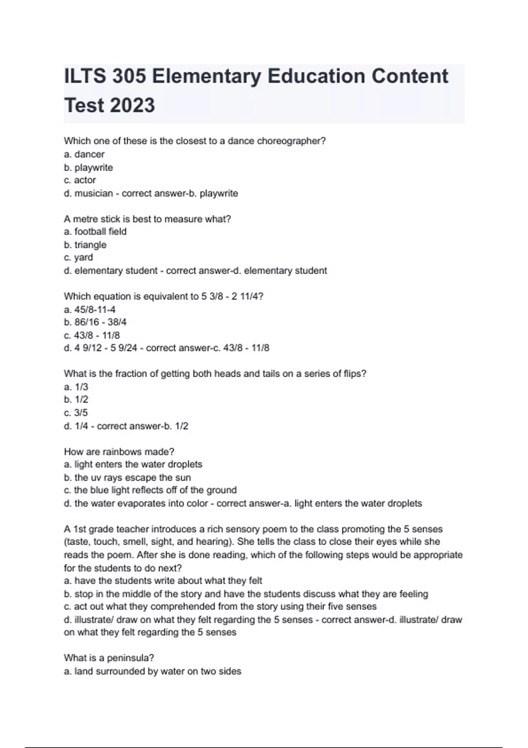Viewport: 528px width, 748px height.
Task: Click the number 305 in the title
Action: [x=129, y=76]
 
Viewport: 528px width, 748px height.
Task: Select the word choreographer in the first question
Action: [x=291, y=141]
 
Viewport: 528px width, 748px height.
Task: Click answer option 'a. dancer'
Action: [x=84, y=154]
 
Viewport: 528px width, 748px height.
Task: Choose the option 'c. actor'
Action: [x=80, y=180]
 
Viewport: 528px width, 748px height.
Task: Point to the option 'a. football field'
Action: [x=95, y=231]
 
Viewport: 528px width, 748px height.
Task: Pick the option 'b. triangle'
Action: [x=85, y=245]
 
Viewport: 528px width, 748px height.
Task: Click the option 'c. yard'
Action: [x=78, y=257]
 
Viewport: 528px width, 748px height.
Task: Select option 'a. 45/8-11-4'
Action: [x=90, y=309]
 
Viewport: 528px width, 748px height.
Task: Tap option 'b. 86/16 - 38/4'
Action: [x=95, y=322]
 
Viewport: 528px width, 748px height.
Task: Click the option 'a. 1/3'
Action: [x=76, y=387]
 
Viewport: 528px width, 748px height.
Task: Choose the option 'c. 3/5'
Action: [x=76, y=413]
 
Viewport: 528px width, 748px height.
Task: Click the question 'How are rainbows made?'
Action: [x=119, y=451]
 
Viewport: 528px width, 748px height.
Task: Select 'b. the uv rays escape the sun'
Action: [x=127, y=477]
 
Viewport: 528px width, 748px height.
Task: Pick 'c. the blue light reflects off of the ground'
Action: [x=150, y=490]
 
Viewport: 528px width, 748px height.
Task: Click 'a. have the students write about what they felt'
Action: [x=163, y=581]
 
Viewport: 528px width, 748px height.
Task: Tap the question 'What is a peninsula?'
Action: [x=109, y=658]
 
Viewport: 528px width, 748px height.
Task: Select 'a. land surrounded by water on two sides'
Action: [x=152, y=671]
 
